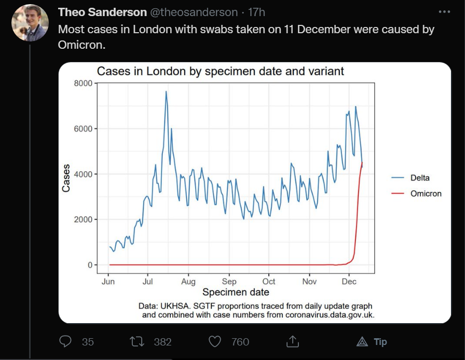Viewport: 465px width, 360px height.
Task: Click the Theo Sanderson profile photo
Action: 30,23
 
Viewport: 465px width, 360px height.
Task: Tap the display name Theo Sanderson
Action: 102,12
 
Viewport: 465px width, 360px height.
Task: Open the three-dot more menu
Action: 444,11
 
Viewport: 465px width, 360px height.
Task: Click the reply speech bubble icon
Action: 65,341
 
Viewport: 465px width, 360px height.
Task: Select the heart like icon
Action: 215,341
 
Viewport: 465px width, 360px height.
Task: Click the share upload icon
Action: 292,341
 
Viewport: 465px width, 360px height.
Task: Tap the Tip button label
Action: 380,342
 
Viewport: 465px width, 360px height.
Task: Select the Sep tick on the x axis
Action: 229,282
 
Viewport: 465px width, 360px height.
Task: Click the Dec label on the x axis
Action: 350,282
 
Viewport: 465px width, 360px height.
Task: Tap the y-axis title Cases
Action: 66,178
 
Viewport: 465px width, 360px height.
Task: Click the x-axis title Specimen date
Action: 236,293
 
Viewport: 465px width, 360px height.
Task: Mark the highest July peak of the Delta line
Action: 166,92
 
